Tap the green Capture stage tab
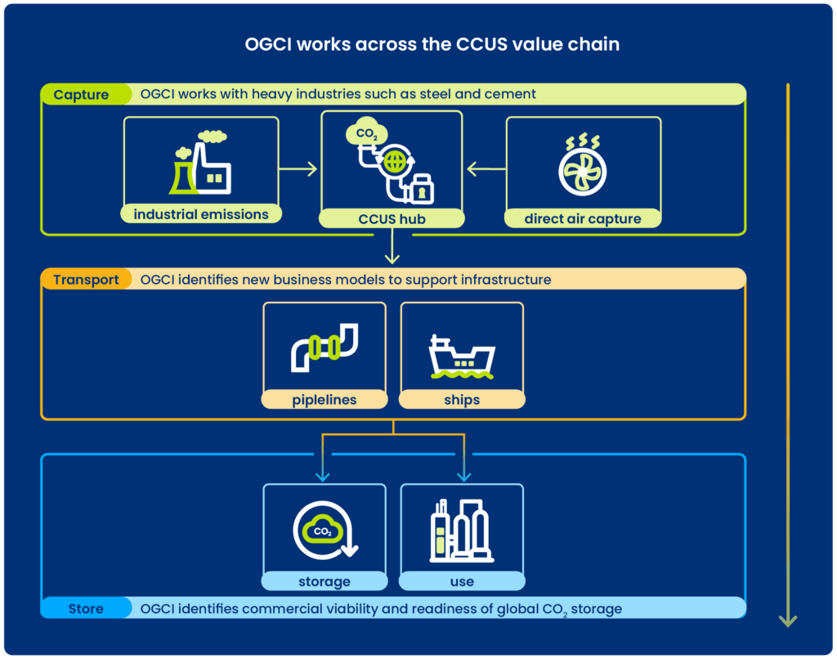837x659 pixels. [82, 95]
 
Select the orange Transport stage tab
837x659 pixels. [86, 280]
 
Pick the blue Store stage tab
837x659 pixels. [85, 608]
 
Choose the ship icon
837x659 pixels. [461, 356]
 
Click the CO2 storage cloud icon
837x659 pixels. [324, 531]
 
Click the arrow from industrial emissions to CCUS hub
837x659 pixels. [298, 169]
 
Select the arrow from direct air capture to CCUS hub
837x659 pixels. [486, 169]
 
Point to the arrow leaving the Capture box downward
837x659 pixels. [392, 248]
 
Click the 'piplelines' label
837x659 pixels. [325, 401]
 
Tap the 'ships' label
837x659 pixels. [461, 401]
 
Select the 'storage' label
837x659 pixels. [324, 582]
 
